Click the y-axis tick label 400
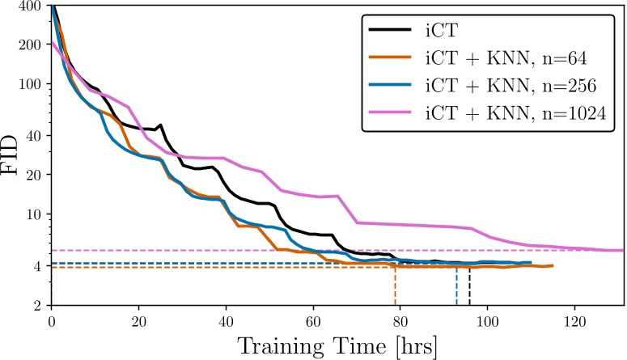pyautogui.click(x=30, y=6)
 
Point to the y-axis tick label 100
pyautogui.click(x=30, y=84)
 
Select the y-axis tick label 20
pyautogui.click(x=34, y=174)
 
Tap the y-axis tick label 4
pyautogui.click(x=38, y=266)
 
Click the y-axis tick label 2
pyautogui.click(x=38, y=306)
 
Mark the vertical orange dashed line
pyautogui.click(x=395, y=286)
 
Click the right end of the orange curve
pyautogui.click(x=553, y=265)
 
